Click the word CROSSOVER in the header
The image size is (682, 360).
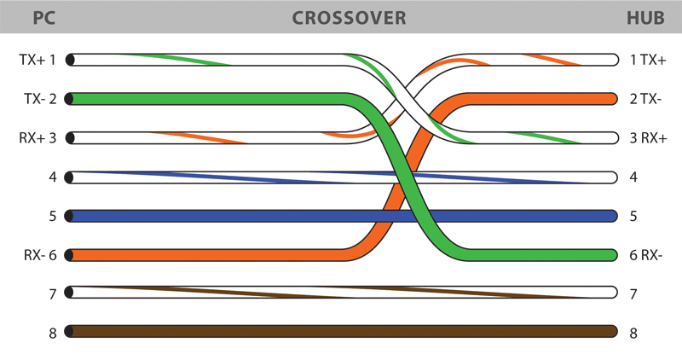click(349, 18)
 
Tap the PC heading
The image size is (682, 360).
click(44, 18)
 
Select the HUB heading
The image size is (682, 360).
click(645, 18)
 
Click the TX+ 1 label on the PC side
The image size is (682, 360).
click(38, 59)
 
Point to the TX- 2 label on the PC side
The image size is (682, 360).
click(40, 99)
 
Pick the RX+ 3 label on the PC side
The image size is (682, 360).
click(38, 138)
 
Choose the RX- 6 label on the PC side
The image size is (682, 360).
click(40, 255)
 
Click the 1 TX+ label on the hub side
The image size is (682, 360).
click(648, 59)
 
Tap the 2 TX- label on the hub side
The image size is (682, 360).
click(645, 99)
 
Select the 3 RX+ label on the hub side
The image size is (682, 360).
click(648, 138)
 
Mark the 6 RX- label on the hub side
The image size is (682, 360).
click(646, 255)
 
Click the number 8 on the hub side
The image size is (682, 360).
click(633, 333)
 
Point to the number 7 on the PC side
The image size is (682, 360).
click(53, 294)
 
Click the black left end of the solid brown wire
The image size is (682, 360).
click(69, 331)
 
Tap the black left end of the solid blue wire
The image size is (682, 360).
click(69, 216)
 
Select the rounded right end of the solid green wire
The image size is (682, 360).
click(614, 255)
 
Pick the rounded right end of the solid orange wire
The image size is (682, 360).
click(614, 99)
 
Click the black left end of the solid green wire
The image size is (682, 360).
click(69, 99)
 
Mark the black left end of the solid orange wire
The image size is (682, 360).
click(69, 255)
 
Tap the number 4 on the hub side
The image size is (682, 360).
click(633, 177)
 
